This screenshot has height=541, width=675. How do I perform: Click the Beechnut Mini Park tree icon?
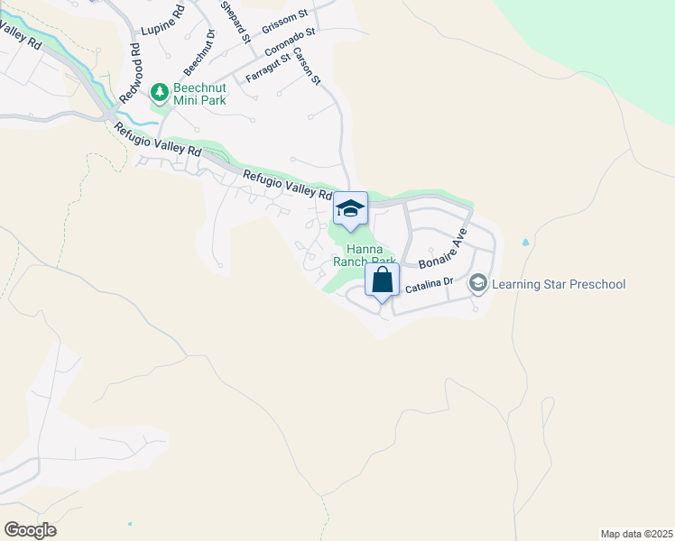tap(160, 91)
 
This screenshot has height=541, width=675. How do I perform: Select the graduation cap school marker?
tap(350, 209)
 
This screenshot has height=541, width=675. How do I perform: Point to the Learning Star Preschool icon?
tap(477, 284)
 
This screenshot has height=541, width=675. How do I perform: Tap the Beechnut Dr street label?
tap(199, 52)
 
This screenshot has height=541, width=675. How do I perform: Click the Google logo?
tap(30, 530)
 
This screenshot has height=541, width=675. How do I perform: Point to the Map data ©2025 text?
tap(636, 534)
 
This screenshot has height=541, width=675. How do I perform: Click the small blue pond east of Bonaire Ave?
tap(525, 243)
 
